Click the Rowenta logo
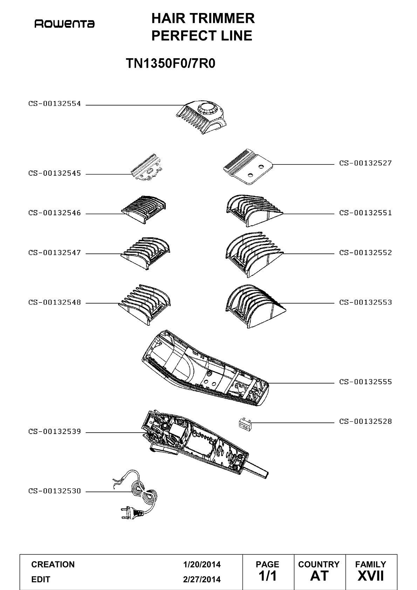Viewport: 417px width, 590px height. point(64,24)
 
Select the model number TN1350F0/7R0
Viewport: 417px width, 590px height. point(171,63)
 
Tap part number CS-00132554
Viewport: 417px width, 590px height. point(55,104)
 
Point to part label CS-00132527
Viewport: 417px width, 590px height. point(365,163)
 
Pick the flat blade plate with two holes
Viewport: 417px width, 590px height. point(248,167)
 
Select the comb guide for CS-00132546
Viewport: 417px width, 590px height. point(143,210)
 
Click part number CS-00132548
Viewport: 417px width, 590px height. point(55,302)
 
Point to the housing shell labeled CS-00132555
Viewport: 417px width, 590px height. point(205,368)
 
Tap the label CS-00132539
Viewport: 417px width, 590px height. point(55,432)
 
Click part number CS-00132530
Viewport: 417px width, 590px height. point(55,491)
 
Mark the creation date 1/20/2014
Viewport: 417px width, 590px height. point(202,564)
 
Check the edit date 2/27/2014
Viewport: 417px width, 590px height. point(202,579)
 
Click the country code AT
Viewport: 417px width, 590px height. point(319,576)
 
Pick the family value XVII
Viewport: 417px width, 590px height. point(370,576)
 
